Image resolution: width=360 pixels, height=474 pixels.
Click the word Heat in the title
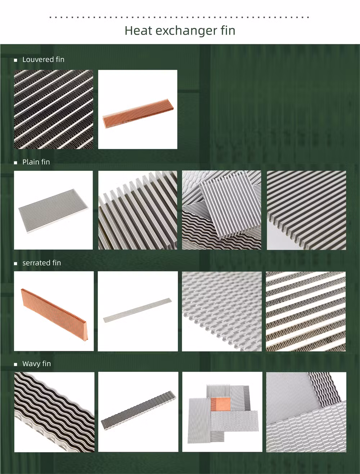coord(138,31)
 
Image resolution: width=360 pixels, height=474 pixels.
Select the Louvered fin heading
coord(44,59)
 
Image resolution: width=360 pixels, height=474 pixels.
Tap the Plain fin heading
coord(36,162)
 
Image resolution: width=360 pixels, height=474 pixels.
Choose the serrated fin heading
coord(42,263)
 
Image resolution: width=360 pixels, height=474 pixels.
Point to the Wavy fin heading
coord(37,364)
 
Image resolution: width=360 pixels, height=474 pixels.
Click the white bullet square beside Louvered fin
coord(15,60)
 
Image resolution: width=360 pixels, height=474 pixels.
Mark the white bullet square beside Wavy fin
coord(15,364)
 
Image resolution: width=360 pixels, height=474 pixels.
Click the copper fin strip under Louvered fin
coord(138,113)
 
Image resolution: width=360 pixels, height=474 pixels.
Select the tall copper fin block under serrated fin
coord(55,314)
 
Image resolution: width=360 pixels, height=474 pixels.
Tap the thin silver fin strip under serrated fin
coord(138,310)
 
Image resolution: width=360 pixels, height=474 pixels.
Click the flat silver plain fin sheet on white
coord(53,211)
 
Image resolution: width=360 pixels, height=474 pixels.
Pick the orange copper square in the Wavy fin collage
coord(220,404)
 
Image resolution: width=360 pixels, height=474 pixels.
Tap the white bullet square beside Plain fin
coord(15,163)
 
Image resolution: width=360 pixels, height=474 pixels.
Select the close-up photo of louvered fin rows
coord(54,109)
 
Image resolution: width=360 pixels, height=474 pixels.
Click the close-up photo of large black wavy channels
coord(54,412)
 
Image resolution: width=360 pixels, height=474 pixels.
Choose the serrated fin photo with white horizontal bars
coord(306,311)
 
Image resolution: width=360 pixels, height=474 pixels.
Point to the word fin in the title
coord(228,31)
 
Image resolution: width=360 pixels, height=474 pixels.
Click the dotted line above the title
coord(180,17)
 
